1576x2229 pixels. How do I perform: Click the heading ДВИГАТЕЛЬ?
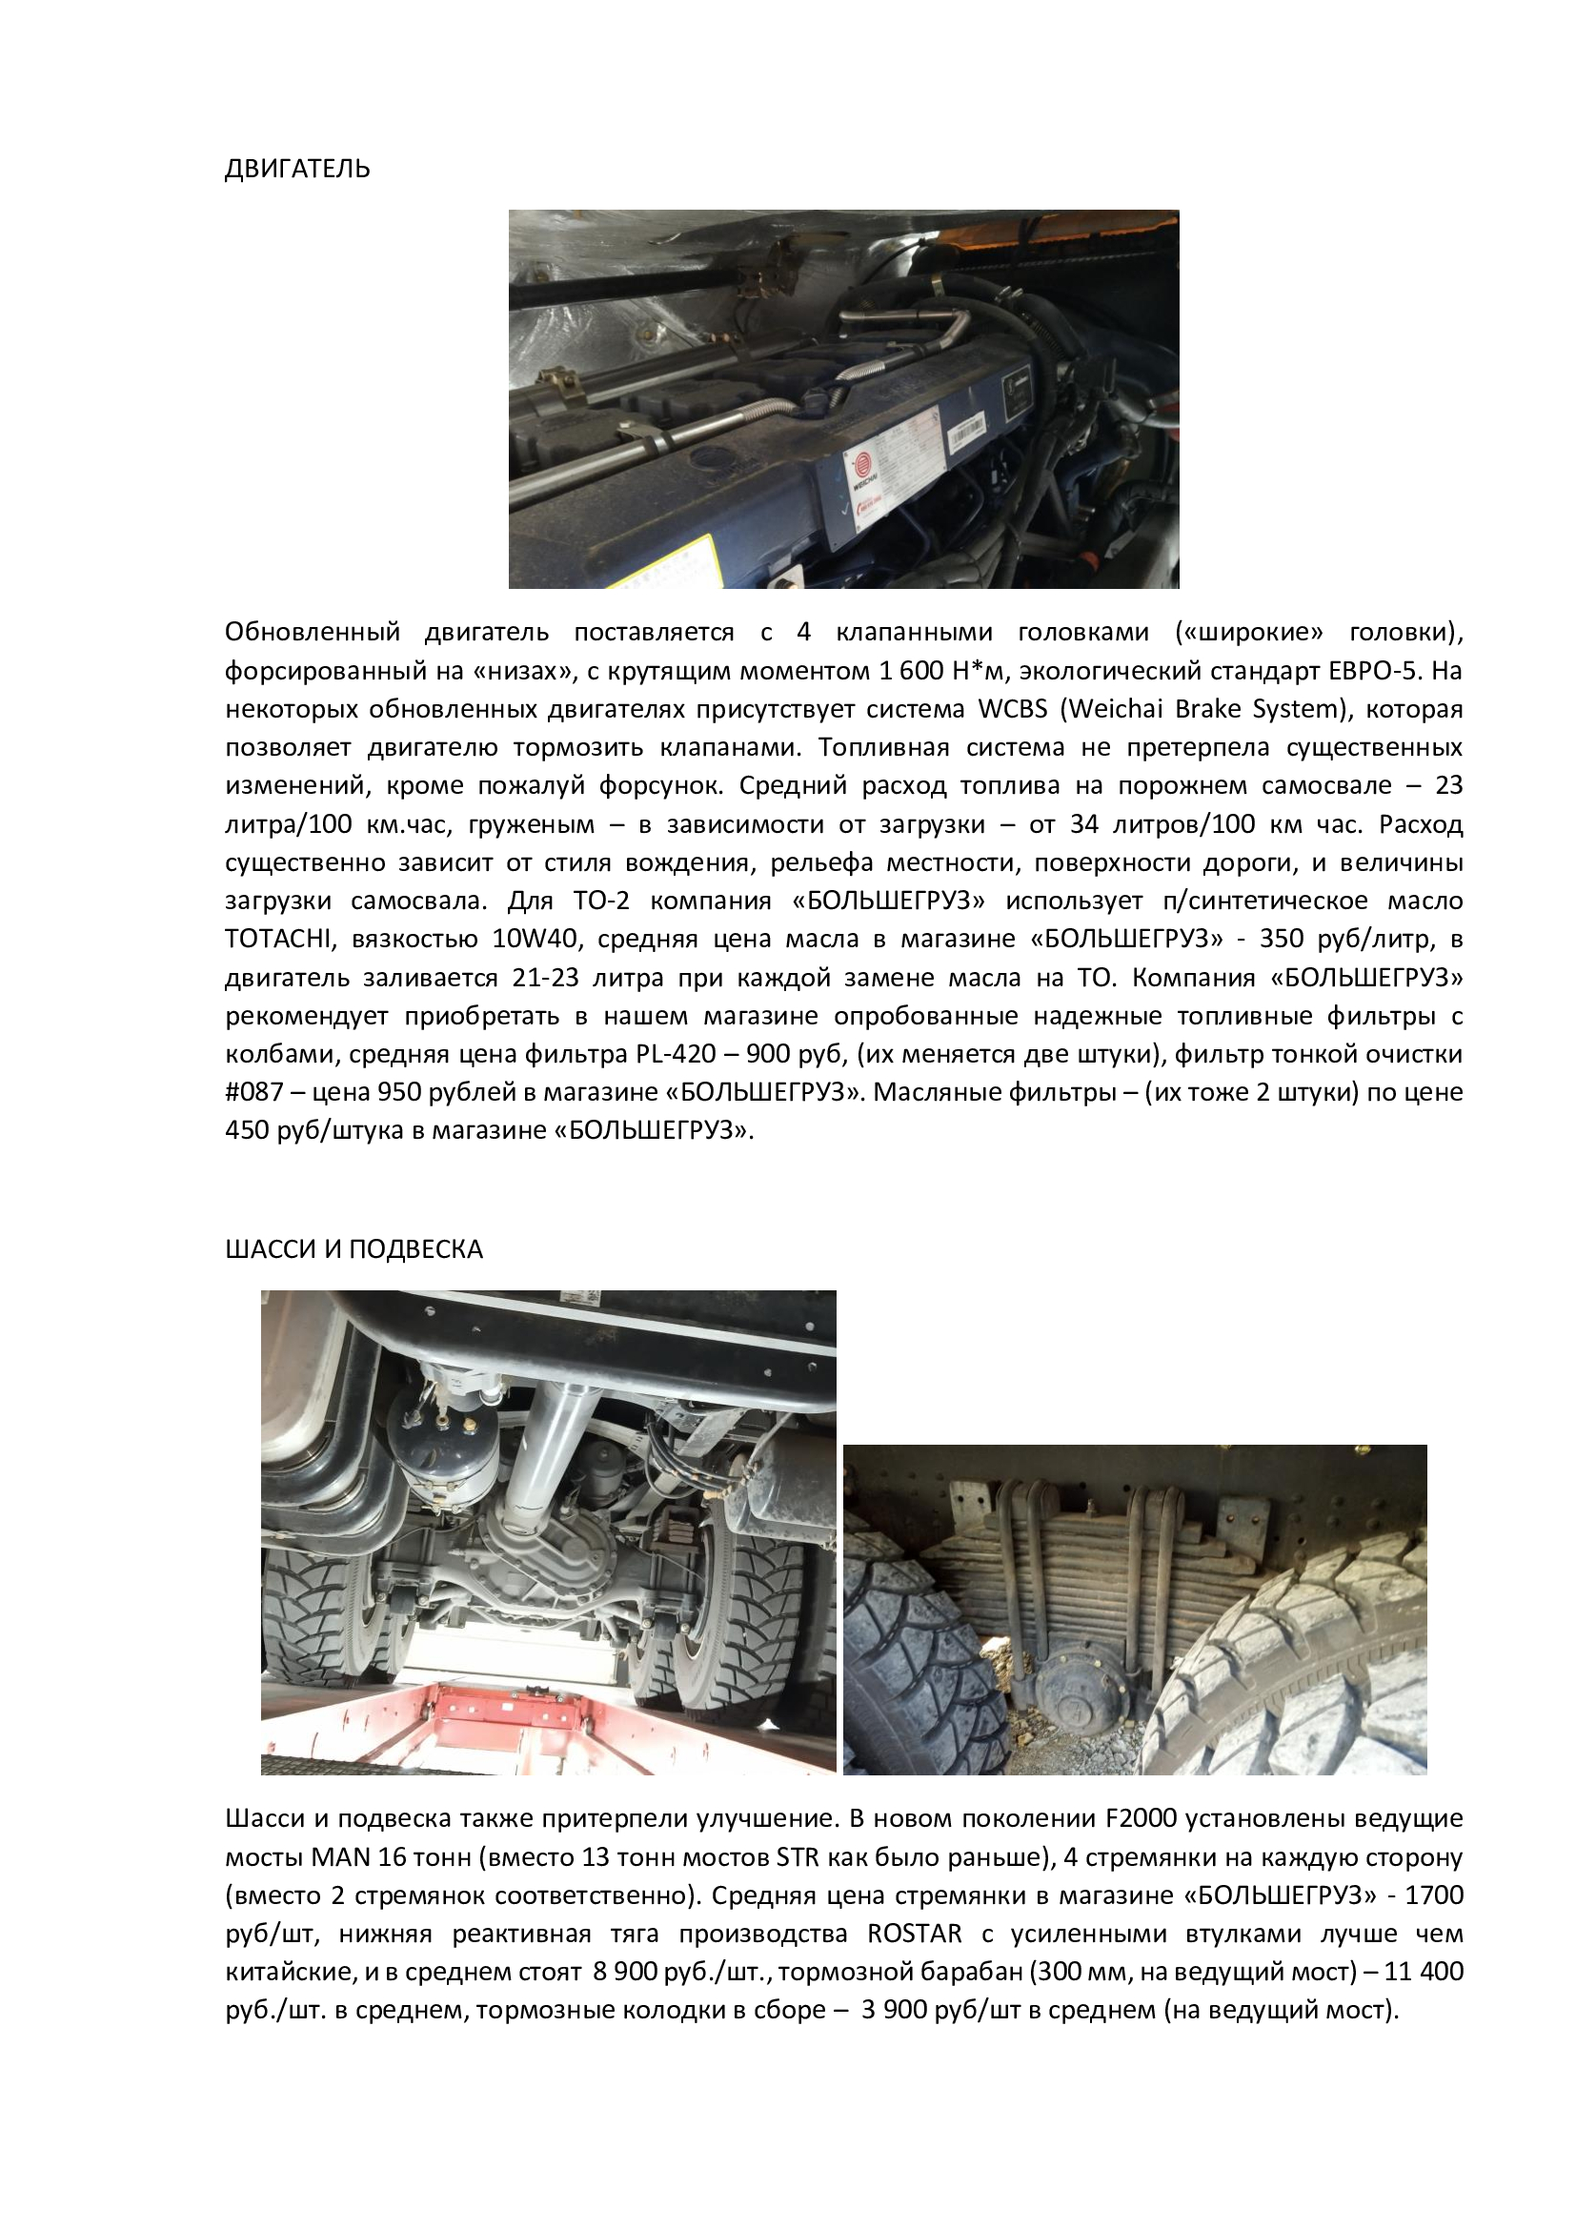click(x=297, y=170)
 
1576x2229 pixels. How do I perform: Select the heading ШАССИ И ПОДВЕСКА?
click(x=354, y=1249)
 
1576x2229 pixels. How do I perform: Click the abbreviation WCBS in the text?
click(x=1012, y=709)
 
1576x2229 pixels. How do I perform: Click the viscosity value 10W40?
click(x=534, y=939)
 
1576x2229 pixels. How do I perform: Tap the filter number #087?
click(x=253, y=1092)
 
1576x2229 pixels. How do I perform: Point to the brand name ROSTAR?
click(x=914, y=1934)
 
